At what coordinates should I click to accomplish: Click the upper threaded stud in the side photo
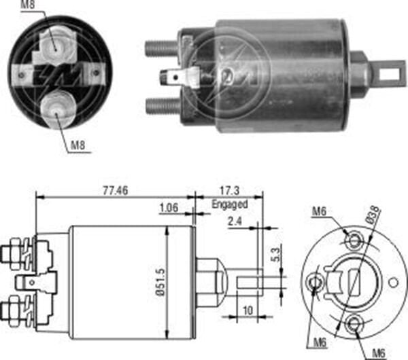click(x=162, y=48)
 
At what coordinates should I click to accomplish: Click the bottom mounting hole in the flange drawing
click(x=353, y=324)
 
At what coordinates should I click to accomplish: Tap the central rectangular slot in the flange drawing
click(x=354, y=281)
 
